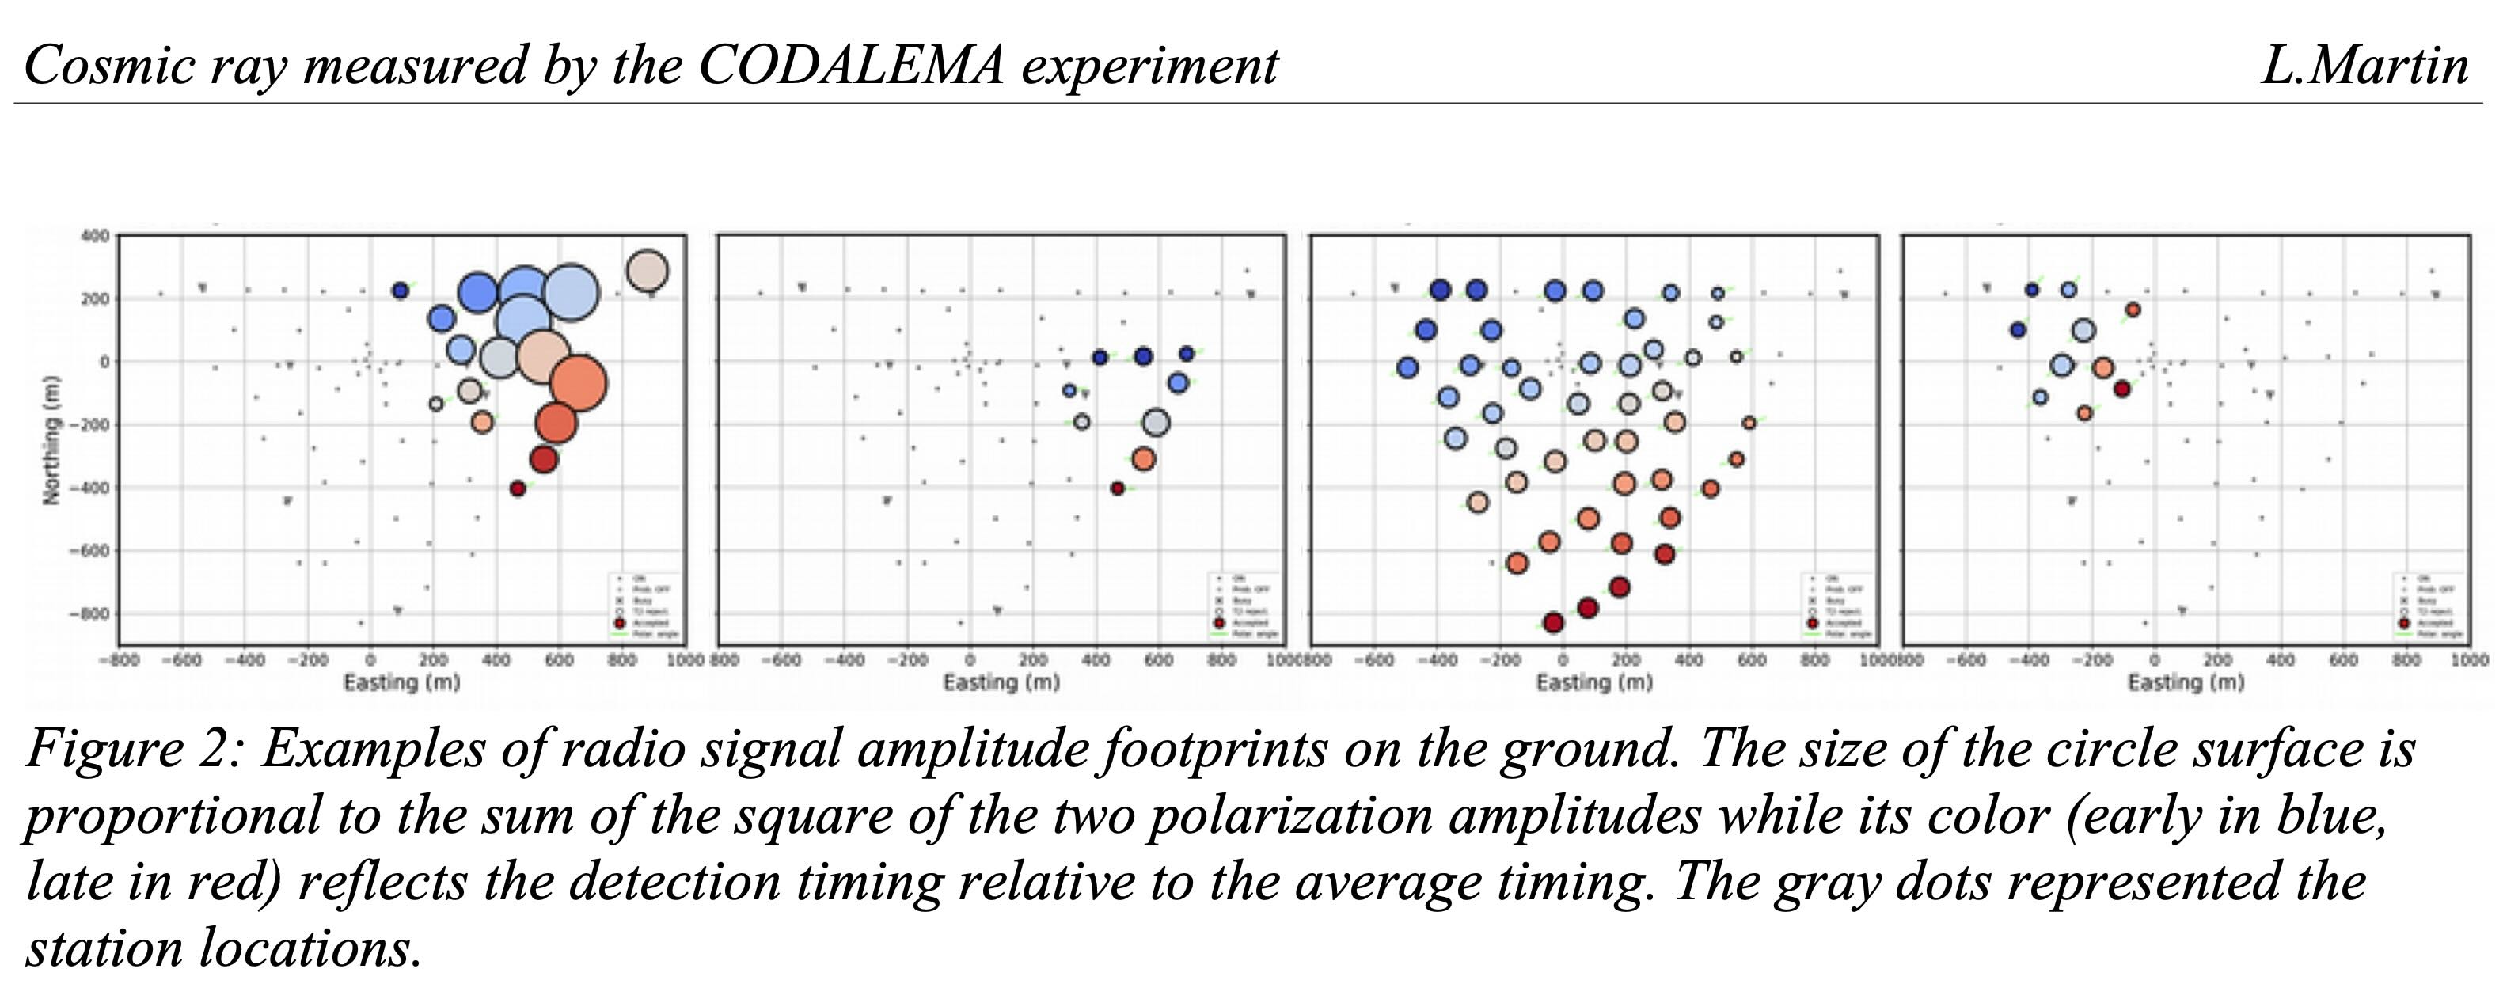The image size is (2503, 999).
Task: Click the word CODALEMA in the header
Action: click(850, 66)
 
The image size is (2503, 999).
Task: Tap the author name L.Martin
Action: click(2364, 66)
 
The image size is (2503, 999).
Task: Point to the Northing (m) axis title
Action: click(51, 439)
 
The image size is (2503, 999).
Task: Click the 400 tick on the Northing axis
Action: click(94, 236)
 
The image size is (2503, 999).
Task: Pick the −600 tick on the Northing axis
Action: click(89, 551)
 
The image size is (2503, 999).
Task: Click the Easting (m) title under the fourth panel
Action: click(2186, 683)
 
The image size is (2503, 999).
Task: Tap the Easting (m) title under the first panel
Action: click(401, 683)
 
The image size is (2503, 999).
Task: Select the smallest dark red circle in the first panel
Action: click(518, 488)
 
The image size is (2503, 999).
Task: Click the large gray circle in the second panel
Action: click(1155, 423)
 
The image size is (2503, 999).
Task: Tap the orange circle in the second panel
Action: click(1144, 458)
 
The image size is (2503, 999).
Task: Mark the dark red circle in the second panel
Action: click(1118, 488)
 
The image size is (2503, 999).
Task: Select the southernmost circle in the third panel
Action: click(1553, 623)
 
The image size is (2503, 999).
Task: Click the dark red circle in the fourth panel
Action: click(2122, 389)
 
